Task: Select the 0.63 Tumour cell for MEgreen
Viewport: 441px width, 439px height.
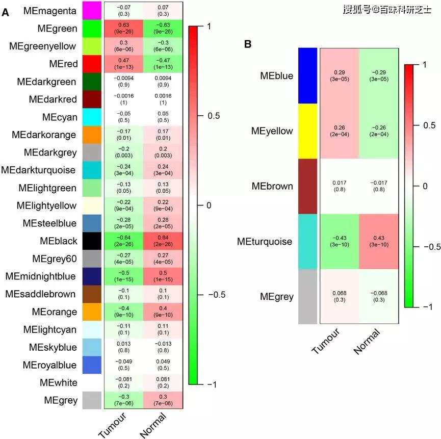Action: point(124,29)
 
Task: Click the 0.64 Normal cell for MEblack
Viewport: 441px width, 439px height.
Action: point(163,241)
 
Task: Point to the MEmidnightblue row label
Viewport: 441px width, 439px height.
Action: point(41,276)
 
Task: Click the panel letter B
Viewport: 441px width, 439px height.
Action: point(248,44)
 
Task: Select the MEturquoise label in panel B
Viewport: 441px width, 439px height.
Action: point(265,241)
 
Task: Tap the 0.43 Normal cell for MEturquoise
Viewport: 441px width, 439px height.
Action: point(378,241)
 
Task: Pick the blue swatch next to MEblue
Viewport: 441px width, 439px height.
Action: point(308,76)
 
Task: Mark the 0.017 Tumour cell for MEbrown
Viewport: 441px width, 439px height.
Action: point(339,186)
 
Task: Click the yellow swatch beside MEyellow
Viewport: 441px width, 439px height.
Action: point(308,131)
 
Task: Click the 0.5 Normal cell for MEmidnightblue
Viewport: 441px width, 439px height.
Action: point(163,276)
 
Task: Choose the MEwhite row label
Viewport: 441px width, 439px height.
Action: point(57,382)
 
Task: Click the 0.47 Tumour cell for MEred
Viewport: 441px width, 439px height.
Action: point(124,64)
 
